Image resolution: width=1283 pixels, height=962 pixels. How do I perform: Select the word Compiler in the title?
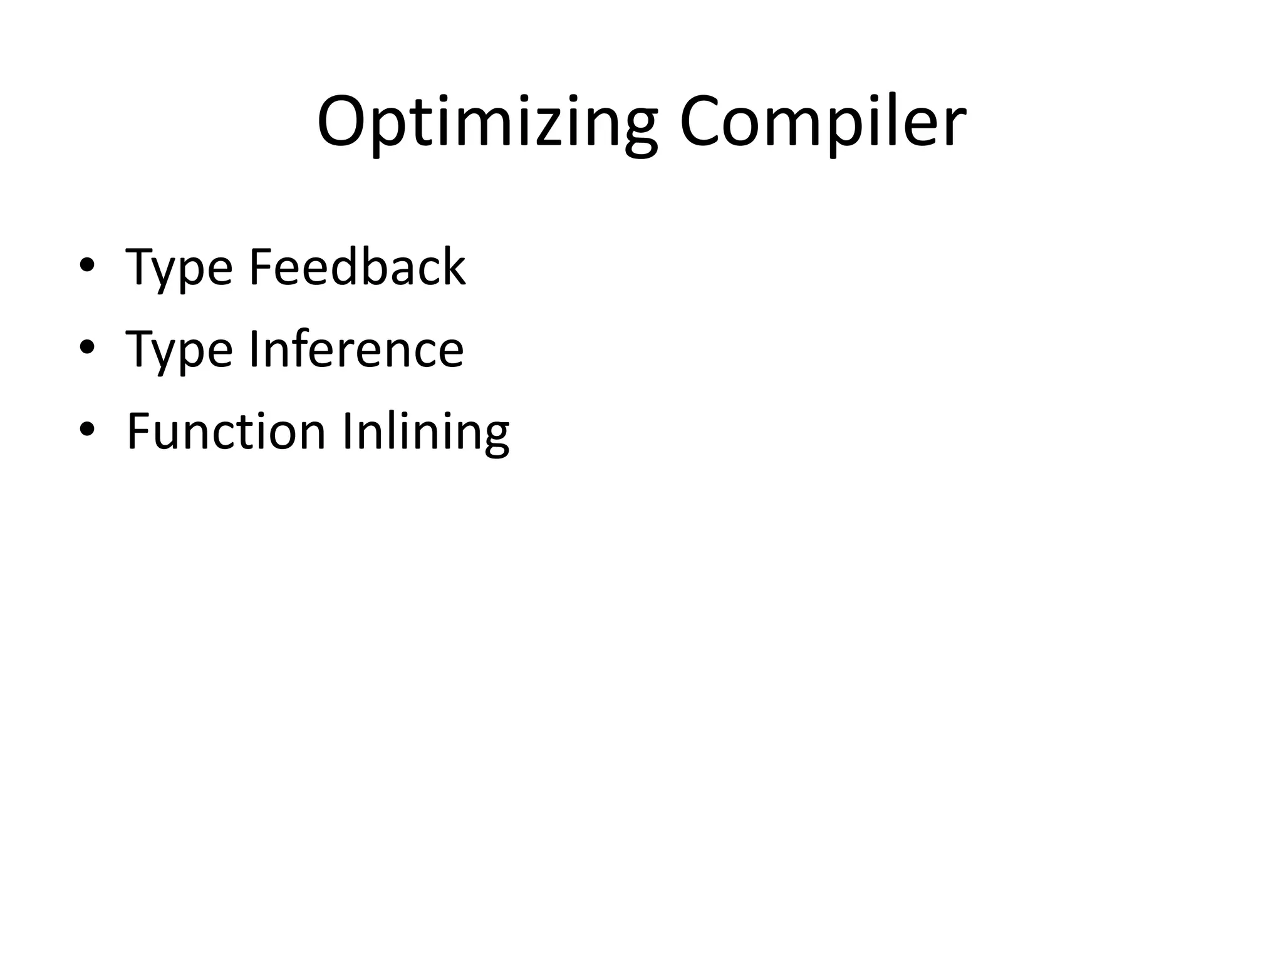click(823, 122)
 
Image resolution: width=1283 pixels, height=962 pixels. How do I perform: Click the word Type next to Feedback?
click(179, 268)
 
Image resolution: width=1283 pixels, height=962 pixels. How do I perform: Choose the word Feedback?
click(357, 267)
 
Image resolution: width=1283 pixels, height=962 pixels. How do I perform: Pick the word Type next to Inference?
click(179, 351)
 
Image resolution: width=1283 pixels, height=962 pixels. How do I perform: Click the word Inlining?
click(426, 432)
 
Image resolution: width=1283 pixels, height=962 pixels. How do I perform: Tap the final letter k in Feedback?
click(454, 266)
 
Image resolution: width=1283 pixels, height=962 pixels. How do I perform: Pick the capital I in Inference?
click(254, 349)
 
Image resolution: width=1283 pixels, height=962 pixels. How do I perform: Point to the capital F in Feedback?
click(261, 267)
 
